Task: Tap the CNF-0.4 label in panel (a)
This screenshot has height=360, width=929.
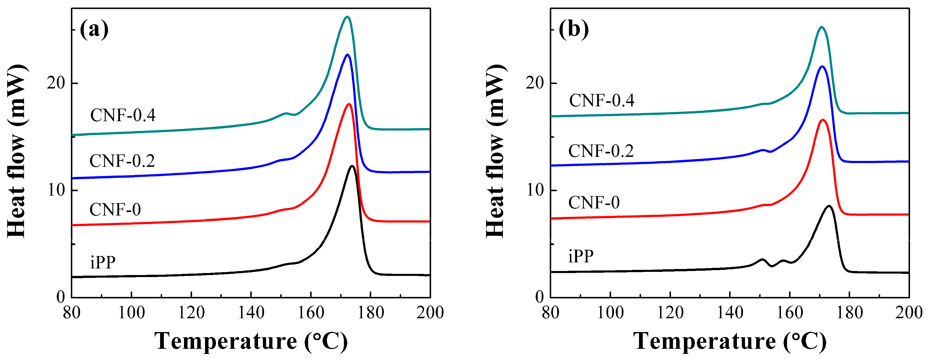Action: pos(123,115)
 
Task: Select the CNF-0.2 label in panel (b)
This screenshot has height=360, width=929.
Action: pos(601,151)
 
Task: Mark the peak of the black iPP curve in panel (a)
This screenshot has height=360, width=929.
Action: pos(352,166)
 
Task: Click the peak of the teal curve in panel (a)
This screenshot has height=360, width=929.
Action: pos(347,17)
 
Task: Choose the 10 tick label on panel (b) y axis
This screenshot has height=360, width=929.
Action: pos(535,190)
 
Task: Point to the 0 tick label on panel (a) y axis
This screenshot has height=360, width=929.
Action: pos(60,297)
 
